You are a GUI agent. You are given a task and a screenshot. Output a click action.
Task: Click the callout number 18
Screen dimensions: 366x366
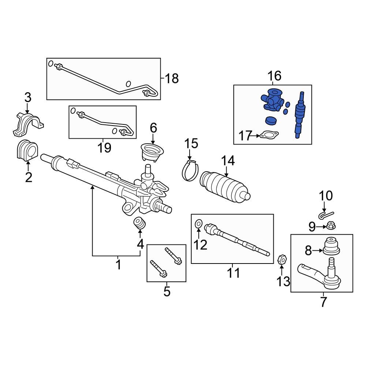click(171, 78)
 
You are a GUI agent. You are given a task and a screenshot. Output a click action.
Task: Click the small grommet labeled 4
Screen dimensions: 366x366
click(140, 223)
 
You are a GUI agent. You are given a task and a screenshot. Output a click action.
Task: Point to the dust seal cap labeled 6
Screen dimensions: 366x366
click(152, 151)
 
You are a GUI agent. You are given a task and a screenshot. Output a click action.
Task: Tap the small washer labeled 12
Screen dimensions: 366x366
click(198, 223)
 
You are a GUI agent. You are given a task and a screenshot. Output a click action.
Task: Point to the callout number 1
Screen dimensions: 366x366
click(118, 264)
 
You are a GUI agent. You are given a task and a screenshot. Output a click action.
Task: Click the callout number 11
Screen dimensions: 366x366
click(233, 273)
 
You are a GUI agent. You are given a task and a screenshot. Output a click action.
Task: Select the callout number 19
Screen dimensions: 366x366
click(104, 147)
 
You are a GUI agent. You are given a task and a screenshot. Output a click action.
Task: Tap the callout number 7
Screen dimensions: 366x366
click(323, 302)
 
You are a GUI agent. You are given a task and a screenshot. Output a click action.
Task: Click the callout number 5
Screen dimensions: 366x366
click(167, 291)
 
